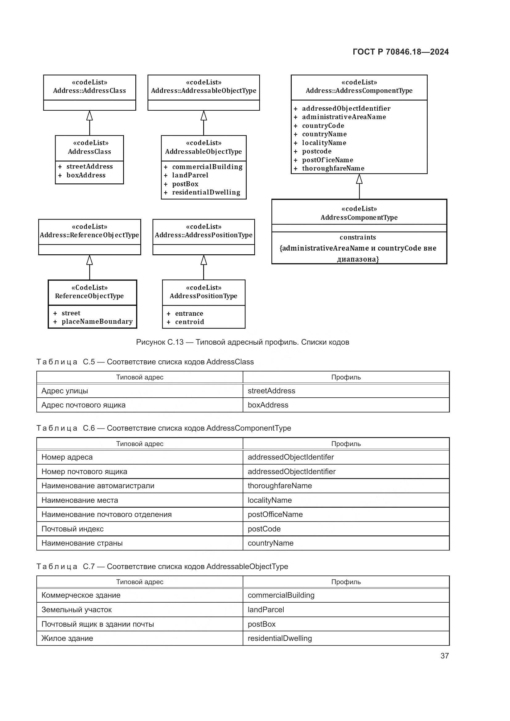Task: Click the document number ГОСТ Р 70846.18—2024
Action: click(x=401, y=52)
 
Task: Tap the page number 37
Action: click(x=444, y=656)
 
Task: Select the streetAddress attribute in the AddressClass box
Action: click(x=89, y=166)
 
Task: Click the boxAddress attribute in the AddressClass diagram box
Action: click(x=86, y=175)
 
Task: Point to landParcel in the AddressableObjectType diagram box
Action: click(x=190, y=175)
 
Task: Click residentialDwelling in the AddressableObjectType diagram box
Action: click(x=206, y=192)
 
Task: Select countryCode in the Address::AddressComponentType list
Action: click(x=323, y=125)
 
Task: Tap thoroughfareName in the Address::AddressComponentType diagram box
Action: click(x=333, y=168)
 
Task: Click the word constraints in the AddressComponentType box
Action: click(x=357, y=237)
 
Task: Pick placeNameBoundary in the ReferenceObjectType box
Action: click(x=97, y=322)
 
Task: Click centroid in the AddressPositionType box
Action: click(x=189, y=322)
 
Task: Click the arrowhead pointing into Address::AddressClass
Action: click(x=89, y=116)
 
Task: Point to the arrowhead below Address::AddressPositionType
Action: click(x=204, y=260)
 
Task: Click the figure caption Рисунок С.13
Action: click(x=242, y=342)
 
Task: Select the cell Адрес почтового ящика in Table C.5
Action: click(x=84, y=405)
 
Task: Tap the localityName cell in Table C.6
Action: click(x=269, y=500)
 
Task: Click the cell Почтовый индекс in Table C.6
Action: click(x=72, y=529)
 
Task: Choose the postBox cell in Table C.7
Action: click(x=261, y=624)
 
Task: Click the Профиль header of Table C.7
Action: click(x=346, y=582)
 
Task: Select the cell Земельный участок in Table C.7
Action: click(x=77, y=609)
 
